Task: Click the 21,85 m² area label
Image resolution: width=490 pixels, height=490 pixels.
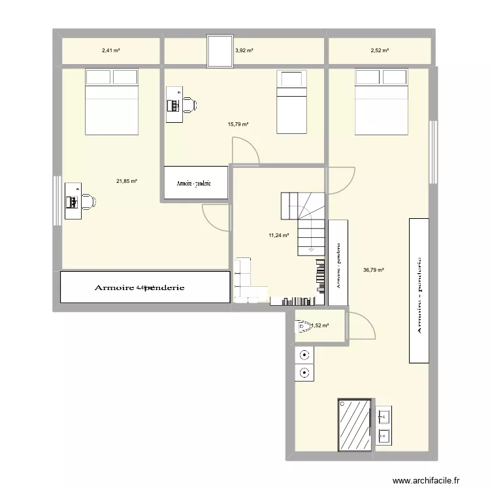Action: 126,181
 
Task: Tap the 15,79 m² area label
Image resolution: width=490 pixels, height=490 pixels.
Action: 238,123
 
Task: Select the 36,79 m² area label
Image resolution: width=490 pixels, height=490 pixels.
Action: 373,269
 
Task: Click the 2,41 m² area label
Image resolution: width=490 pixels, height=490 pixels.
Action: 110,50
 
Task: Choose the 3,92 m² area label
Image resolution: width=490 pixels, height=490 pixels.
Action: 244,50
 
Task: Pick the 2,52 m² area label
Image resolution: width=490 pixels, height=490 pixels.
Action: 379,50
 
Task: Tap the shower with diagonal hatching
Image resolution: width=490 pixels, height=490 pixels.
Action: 355,424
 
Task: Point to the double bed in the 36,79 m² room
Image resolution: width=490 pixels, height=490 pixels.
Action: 382,101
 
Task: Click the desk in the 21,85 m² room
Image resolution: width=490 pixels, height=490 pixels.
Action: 71,201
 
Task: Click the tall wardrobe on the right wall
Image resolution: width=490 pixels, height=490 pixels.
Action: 418,290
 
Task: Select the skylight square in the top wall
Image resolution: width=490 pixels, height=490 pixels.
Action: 220,51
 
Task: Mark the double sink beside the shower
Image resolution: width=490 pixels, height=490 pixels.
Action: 384,424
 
